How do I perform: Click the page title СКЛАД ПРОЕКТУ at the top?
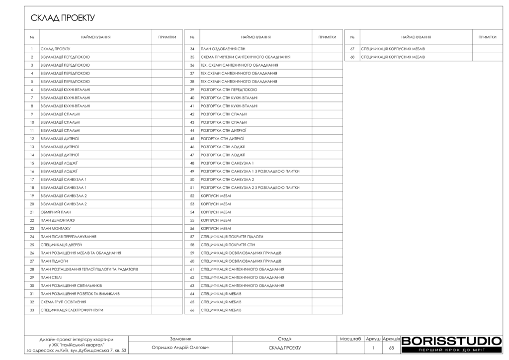(x=63, y=18)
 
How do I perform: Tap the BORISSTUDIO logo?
(x=451, y=341)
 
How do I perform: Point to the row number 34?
(x=192, y=49)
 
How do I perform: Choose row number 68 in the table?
(x=352, y=57)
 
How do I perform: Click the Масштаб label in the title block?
(x=350, y=338)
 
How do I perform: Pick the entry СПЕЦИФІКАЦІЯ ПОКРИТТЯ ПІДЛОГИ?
(x=232, y=236)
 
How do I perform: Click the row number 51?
(x=192, y=187)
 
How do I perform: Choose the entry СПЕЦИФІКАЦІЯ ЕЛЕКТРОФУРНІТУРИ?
(x=72, y=310)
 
